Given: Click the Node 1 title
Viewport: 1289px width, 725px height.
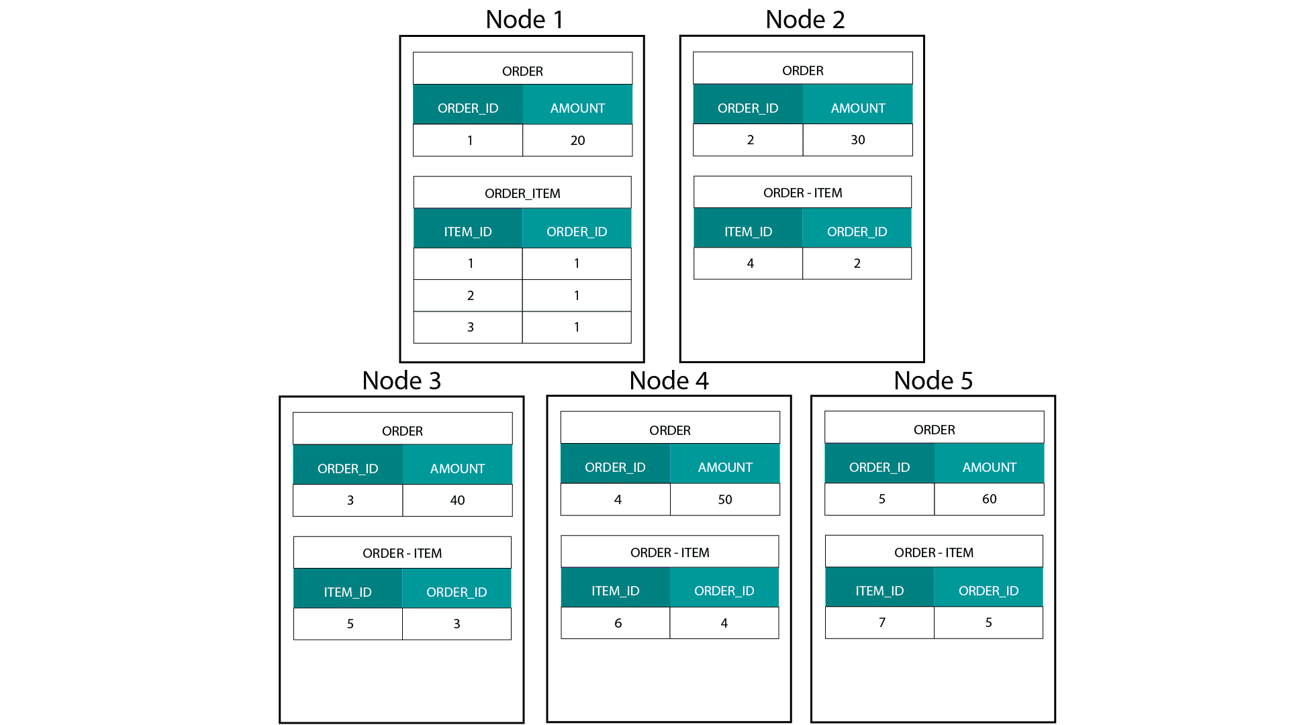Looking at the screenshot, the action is pyautogui.click(x=524, y=19).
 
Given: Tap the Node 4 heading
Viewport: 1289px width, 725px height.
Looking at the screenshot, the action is pyautogui.click(x=669, y=381).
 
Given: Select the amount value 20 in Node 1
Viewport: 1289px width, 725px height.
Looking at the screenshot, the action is pyautogui.click(x=577, y=140).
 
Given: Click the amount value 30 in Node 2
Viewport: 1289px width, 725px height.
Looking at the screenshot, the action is pyautogui.click(x=858, y=140).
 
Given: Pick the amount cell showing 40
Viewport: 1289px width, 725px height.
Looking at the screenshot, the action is pyautogui.click(x=457, y=500).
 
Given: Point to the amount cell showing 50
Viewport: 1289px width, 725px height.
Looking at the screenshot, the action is pyautogui.click(x=725, y=499).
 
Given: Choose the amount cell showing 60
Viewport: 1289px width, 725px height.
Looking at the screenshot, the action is pyautogui.click(x=990, y=499).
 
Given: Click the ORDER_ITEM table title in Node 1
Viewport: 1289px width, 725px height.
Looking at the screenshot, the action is pyautogui.click(x=522, y=193).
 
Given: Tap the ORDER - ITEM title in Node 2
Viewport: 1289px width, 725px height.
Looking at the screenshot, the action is pyautogui.click(x=802, y=193).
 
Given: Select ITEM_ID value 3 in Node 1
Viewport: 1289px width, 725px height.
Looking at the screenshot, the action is pyautogui.click(x=471, y=327).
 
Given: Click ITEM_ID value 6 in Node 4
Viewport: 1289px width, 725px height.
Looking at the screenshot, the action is pyautogui.click(x=618, y=623).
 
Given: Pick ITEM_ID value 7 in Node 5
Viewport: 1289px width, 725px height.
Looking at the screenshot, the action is pyautogui.click(x=882, y=622).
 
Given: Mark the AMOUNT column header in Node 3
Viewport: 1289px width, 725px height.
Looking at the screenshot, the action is pyautogui.click(x=457, y=469).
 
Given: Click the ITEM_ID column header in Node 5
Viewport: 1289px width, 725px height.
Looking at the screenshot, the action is pyautogui.click(x=879, y=591).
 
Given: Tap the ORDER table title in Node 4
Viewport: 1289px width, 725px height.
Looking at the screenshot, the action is pyautogui.click(x=670, y=430).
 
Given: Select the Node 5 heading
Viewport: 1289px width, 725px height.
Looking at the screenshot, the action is pyautogui.click(x=933, y=381).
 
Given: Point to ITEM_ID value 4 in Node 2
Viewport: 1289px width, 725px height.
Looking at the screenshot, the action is pyautogui.click(x=751, y=263).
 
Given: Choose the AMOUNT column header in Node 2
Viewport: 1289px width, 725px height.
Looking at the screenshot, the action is pyautogui.click(x=858, y=108).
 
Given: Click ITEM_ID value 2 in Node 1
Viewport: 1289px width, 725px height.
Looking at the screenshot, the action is pyautogui.click(x=471, y=295).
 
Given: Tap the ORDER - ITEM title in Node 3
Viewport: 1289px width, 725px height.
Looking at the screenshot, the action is pyautogui.click(x=402, y=553).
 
